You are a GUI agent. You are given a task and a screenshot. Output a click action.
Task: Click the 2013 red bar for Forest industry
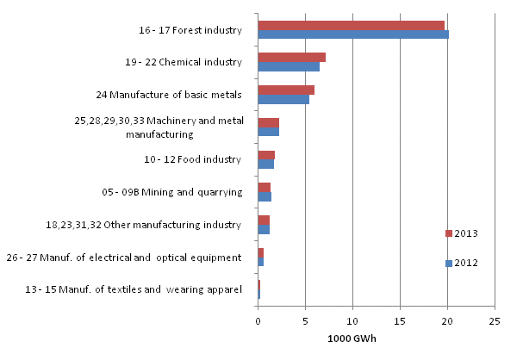pos(352,26)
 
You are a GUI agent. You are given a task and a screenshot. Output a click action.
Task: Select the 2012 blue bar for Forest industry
pos(353,35)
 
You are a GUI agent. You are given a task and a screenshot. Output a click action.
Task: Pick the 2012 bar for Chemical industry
pos(289,67)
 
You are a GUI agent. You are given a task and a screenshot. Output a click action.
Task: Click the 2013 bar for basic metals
pos(286,90)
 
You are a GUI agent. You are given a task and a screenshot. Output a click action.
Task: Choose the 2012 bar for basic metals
pos(283,99)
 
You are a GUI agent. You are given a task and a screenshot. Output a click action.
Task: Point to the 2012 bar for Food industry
pos(265,164)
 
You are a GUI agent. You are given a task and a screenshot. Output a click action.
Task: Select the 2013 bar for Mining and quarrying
pos(264,187)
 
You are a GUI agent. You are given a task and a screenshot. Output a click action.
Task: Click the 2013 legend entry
pos(461,233)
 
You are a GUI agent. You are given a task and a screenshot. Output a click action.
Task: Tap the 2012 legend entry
pos(461,264)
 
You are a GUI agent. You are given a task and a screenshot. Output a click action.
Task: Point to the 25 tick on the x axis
pos(495,321)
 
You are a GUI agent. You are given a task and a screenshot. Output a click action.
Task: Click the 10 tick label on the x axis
pos(352,321)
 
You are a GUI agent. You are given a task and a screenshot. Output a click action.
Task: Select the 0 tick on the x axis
pos(258,321)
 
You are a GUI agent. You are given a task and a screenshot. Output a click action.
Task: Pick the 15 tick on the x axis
pos(400,321)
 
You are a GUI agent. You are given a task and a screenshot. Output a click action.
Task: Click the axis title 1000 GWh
pos(352,338)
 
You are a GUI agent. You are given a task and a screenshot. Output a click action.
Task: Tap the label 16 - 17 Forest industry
pos(190,30)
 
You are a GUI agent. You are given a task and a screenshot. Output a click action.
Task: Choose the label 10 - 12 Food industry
pos(192,159)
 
